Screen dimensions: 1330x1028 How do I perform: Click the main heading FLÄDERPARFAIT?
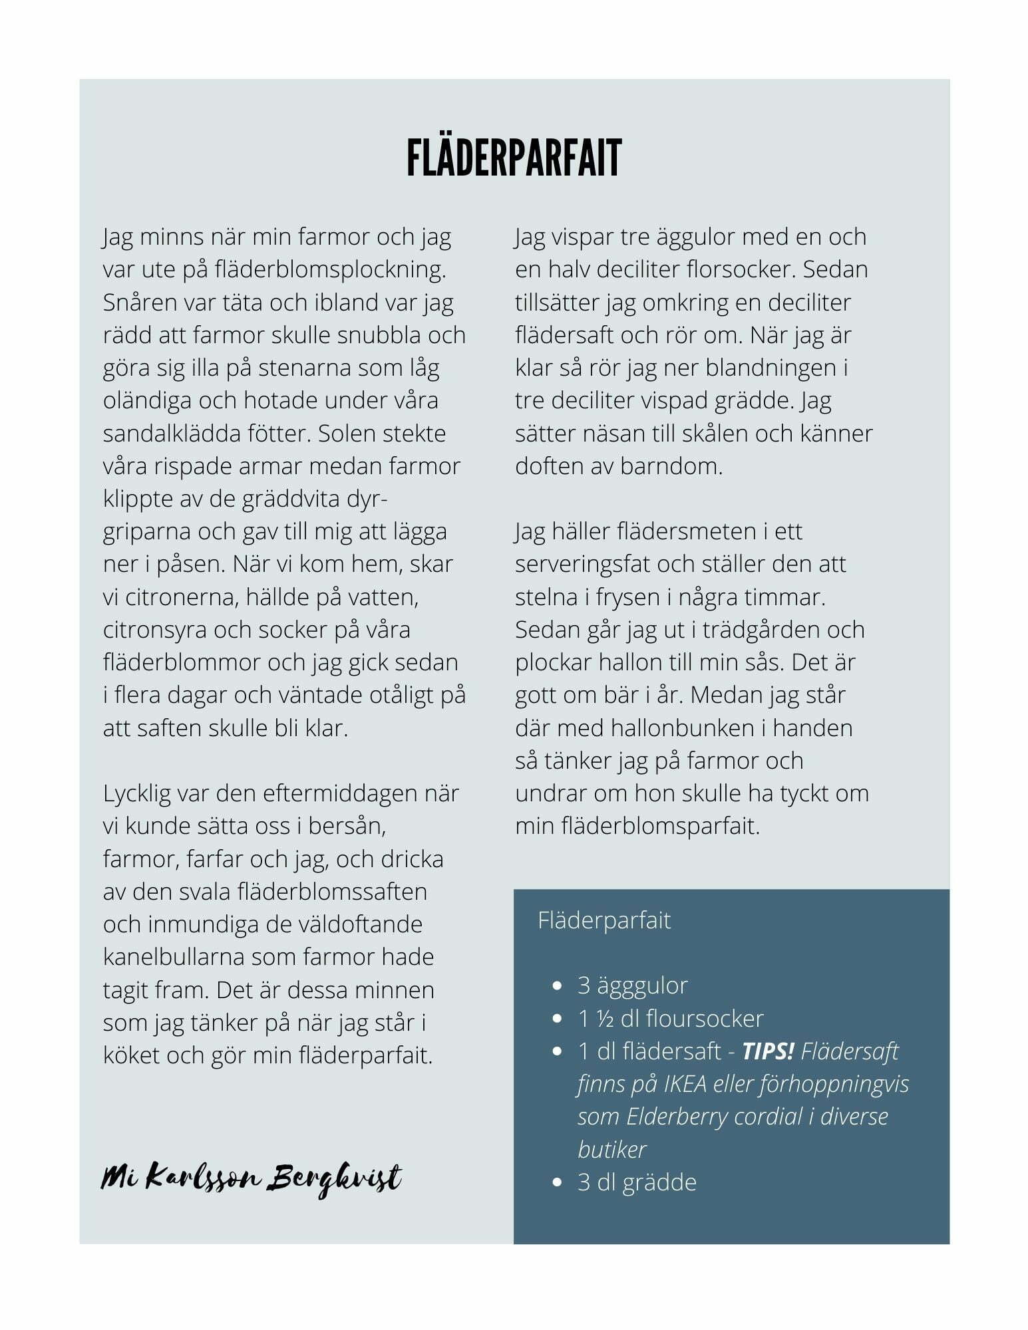coord(514,158)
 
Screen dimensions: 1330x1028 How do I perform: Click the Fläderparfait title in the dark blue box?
coord(604,920)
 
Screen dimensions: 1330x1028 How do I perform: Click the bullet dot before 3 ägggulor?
coord(558,986)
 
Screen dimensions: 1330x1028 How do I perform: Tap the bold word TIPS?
coord(768,1051)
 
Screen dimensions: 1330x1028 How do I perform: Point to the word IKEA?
coord(685,1084)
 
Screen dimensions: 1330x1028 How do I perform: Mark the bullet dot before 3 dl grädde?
coord(558,1182)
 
